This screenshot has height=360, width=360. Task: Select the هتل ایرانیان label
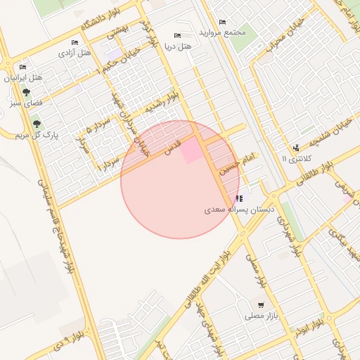[24, 77]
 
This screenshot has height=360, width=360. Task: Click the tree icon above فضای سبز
[27, 92]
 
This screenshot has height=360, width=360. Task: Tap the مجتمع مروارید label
[222, 33]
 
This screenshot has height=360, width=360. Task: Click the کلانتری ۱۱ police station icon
[296, 148]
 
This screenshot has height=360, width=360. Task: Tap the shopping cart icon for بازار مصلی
[262, 305]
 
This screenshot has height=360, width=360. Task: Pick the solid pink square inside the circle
[191, 152]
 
